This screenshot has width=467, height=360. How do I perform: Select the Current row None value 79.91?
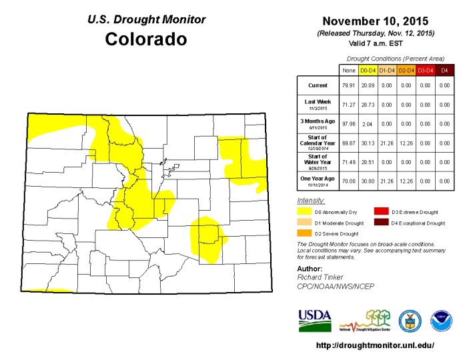tap(348, 85)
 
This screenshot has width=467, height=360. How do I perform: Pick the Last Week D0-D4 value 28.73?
tap(368, 105)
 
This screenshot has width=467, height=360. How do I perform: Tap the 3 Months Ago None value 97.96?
tap(348, 124)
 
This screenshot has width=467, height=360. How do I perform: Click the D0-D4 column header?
tap(368, 69)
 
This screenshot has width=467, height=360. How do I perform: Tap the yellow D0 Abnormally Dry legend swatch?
tap(304, 211)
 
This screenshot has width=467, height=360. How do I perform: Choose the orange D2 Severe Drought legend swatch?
tap(304, 233)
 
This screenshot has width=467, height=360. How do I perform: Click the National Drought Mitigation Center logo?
tap(368, 320)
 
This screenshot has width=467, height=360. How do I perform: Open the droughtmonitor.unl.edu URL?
tap(374, 345)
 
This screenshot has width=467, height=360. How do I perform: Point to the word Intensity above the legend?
tap(311, 200)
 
